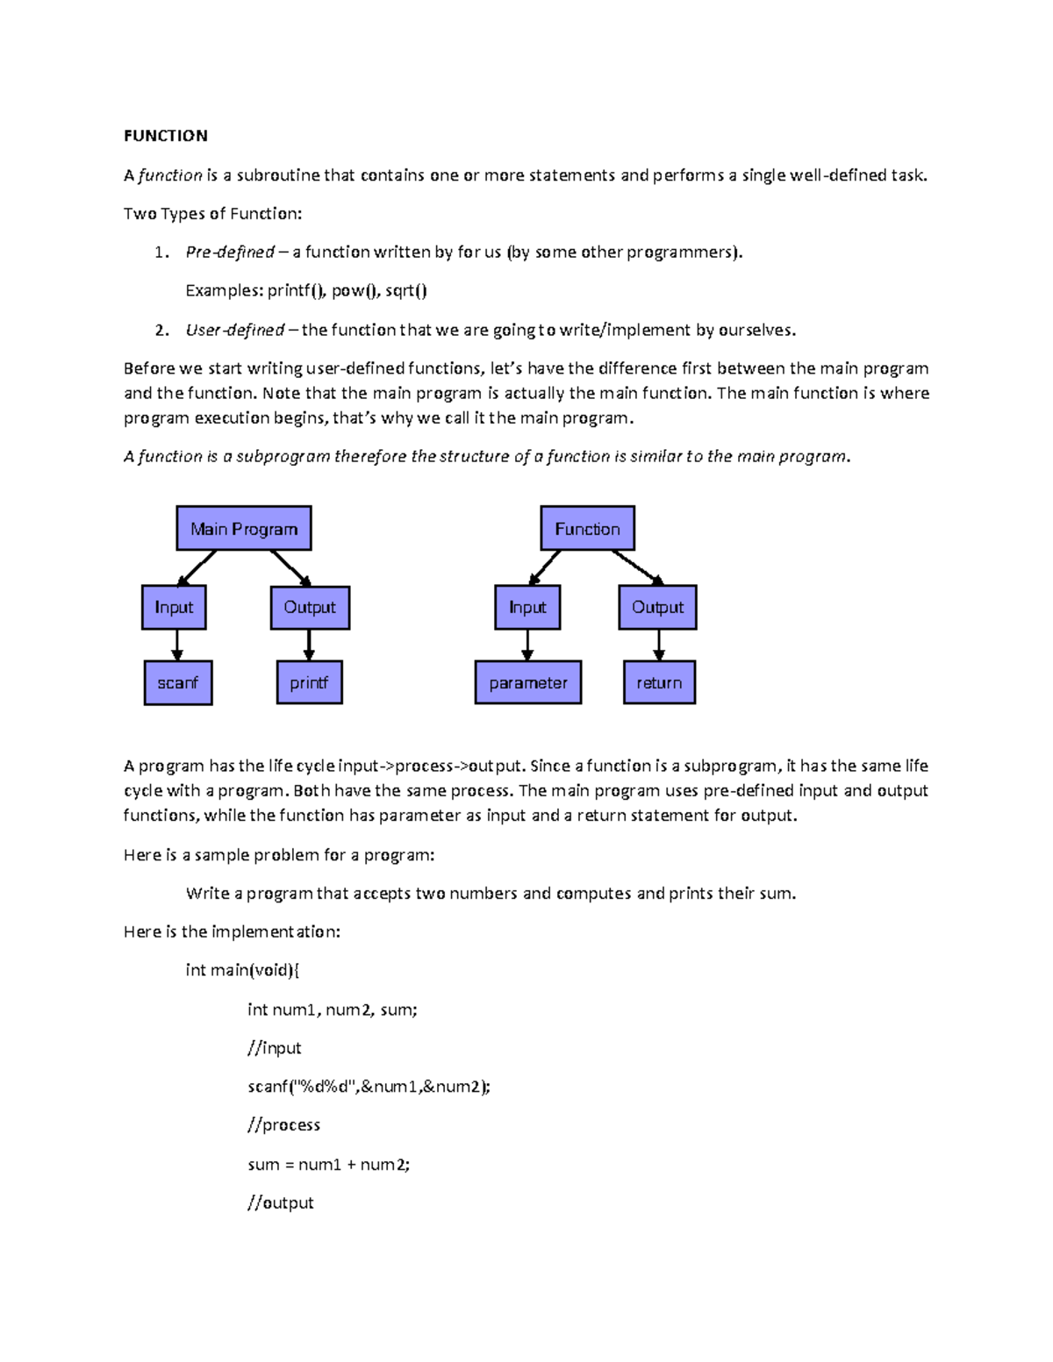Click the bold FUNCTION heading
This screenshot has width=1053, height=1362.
click(x=165, y=136)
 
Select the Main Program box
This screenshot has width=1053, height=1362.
click(x=244, y=529)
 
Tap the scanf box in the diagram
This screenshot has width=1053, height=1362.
click(x=178, y=683)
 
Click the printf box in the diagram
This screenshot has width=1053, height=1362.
click(x=309, y=683)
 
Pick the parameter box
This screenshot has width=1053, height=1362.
click(x=528, y=683)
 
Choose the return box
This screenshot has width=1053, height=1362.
click(x=659, y=683)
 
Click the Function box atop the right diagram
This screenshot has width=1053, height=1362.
click(x=587, y=529)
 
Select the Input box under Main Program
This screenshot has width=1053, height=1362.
click(x=174, y=608)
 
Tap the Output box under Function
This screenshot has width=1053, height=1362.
click(x=657, y=608)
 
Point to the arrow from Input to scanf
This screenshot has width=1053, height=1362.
click(x=177, y=645)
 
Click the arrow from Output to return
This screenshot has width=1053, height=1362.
click(x=659, y=645)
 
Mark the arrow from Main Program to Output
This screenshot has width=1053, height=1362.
click(x=290, y=567)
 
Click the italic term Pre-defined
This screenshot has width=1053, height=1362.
click(x=230, y=253)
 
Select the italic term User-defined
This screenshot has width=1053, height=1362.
click(x=234, y=331)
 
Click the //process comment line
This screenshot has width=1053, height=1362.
click(x=283, y=1125)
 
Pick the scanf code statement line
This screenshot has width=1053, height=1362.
click(x=369, y=1087)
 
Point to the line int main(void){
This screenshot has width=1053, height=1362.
click(x=242, y=970)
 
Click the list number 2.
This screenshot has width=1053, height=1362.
click(x=161, y=331)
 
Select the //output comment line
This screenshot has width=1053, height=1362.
click(x=280, y=1203)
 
